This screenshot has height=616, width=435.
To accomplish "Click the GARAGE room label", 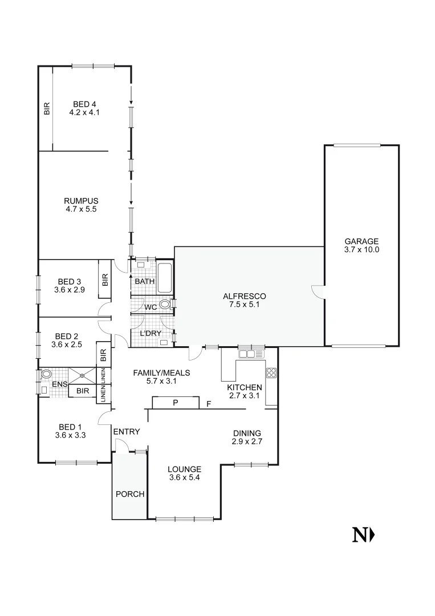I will coord(361,241).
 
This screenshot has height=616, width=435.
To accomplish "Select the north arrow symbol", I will coord(363,535).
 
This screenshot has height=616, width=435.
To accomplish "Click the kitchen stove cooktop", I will coord(271,374).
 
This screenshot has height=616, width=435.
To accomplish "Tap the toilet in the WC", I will coord(165,305).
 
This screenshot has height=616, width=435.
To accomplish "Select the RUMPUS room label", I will coord(81,201).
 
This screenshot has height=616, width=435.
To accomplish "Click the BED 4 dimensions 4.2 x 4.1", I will coord(84,112).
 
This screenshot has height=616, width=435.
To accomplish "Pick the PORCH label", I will coord(130,494).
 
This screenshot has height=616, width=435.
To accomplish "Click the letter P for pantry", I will coord(176,403).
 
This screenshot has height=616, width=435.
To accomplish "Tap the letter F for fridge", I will coord(209,404).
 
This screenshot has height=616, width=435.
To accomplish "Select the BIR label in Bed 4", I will coord(47,108).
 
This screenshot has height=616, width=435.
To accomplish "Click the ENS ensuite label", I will coord(59,385).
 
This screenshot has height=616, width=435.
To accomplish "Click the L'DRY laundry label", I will coord(151,333).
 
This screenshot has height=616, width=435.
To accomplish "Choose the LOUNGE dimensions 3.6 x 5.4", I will coord(185,477).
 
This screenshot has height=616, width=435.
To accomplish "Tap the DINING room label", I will coord(246,432).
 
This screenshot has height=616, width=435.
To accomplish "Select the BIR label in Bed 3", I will coord(105,279).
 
